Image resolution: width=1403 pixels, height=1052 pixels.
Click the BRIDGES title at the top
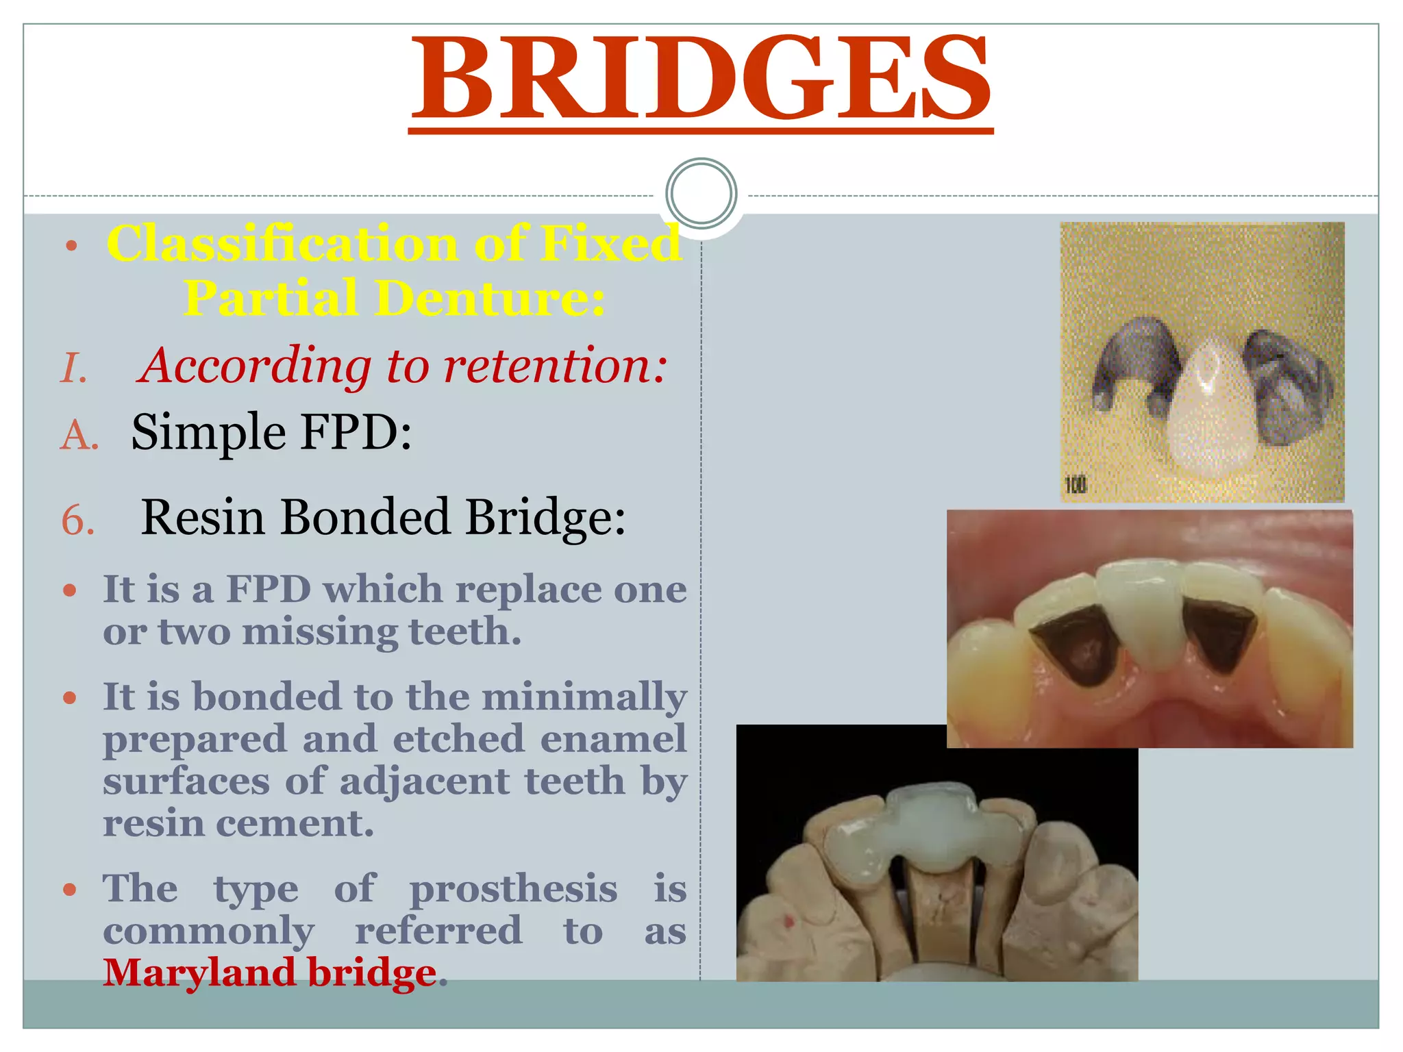pyautogui.click(x=700, y=79)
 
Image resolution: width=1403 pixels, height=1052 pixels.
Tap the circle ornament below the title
pyautogui.click(x=701, y=193)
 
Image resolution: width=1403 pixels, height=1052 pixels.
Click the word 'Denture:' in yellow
pyautogui.click(x=491, y=299)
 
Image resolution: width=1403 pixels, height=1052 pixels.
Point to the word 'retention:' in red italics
pyautogui.click(x=555, y=366)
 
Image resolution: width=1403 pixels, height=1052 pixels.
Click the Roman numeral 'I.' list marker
pyautogui.click(x=74, y=368)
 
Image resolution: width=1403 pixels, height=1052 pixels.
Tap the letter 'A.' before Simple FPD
pyautogui.click(x=79, y=434)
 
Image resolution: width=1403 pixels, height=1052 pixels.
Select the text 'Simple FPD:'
pyautogui.click(x=271, y=433)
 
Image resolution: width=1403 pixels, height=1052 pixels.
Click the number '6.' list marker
pyautogui.click(x=77, y=520)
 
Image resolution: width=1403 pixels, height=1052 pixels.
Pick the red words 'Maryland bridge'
pyautogui.click(x=270, y=973)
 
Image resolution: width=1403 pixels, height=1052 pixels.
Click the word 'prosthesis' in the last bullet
pyautogui.click(x=513, y=889)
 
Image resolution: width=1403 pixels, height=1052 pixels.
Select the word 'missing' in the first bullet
pyautogui.click(x=319, y=631)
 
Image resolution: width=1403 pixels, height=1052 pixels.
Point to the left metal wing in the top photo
pyautogui.click(x=1133, y=363)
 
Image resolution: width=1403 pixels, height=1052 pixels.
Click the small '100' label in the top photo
pyautogui.click(x=1076, y=485)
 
